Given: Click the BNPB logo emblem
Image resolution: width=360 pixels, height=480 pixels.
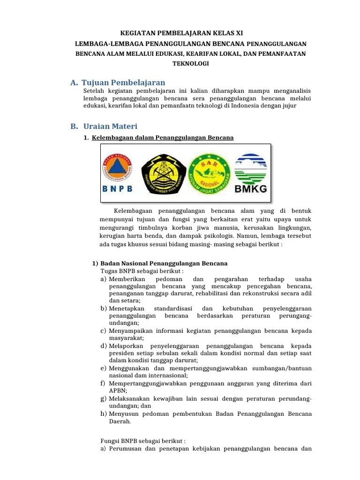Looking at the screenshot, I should click(118, 167).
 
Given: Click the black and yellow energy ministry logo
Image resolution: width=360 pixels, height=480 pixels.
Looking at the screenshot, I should click(163, 171).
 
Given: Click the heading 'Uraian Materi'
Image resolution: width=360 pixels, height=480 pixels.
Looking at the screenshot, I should click(110, 126).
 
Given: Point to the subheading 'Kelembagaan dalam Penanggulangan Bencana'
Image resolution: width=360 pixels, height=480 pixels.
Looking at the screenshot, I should click(163, 137).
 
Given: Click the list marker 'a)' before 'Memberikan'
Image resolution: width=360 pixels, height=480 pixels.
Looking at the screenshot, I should click(104, 279).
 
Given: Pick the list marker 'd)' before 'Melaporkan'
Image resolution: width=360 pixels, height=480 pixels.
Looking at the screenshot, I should click(104, 345).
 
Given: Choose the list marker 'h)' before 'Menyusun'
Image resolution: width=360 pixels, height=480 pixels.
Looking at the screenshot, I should click(104, 414).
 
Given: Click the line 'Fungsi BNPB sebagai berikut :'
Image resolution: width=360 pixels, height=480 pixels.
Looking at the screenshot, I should click(143, 441).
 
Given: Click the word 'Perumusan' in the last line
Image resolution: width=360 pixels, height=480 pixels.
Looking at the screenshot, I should click(126, 449).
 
